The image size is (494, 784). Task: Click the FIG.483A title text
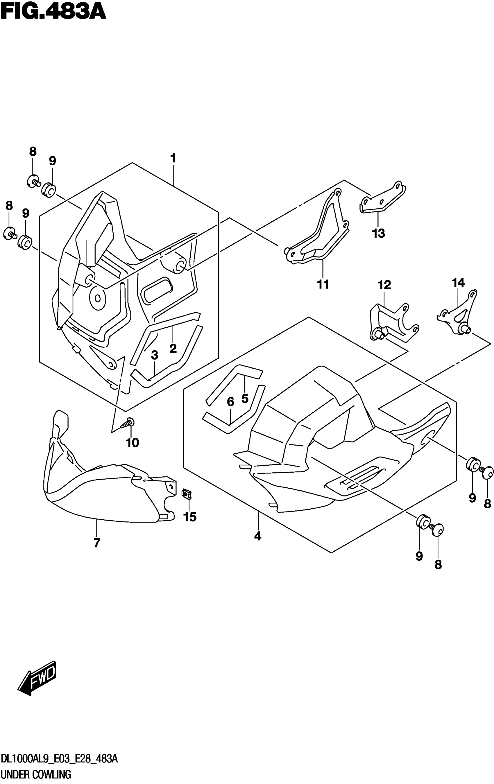pos(53,12)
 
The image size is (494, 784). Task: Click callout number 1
pos(173,159)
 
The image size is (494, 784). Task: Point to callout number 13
pos(378,233)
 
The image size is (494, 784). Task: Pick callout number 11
pos(323,284)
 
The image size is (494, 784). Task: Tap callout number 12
pos(384,285)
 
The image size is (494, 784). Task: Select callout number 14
pos(458,282)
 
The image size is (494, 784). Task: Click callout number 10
pos(133,442)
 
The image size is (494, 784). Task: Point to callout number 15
pos(190,517)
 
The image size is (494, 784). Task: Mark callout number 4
pos(257,536)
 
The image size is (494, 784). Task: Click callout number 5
pos(245,398)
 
